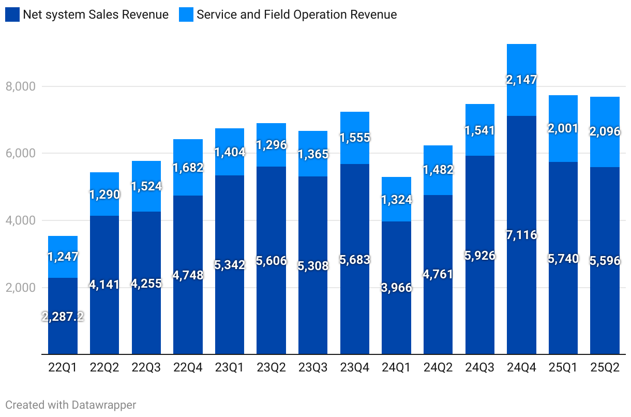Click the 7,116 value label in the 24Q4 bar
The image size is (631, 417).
tap(522, 235)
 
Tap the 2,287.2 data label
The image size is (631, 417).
tap(63, 317)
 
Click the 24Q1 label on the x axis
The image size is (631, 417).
tap(396, 368)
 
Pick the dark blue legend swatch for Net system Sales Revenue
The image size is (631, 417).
tap(12, 14)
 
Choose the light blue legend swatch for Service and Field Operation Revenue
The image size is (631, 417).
tap(186, 14)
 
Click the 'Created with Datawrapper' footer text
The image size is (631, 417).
tap(70, 405)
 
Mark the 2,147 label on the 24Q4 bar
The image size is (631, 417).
tap(522, 80)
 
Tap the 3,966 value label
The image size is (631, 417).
tap(396, 288)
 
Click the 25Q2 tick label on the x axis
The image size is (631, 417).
tap(605, 368)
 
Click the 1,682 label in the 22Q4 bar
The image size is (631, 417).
tap(188, 167)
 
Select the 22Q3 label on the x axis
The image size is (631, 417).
tap(146, 368)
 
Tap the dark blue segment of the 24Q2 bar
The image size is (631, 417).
tap(438, 310)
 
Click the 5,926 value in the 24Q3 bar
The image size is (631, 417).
tap(480, 255)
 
